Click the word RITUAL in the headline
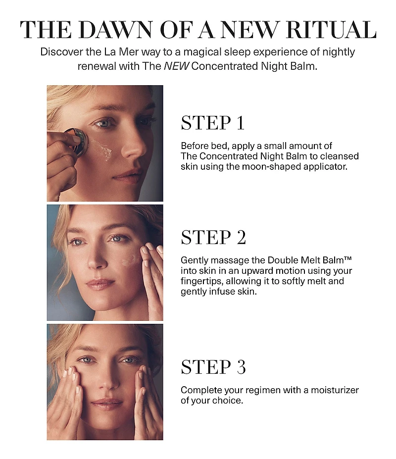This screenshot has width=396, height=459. pyautogui.click(x=331, y=30)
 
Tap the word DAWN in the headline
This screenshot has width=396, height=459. pyautogui.click(x=115, y=30)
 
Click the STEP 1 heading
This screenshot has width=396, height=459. pyautogui.click(x=213, y=123)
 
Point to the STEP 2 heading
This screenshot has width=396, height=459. pyautogui.click(x=213, y=237)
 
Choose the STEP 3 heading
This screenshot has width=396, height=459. pyautogui.click(x=213, y=367)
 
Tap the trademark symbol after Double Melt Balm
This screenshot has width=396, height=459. pyautogui.click(x=347, y=258)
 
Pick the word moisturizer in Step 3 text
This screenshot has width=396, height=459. pyautogui.click(x=335, y=390)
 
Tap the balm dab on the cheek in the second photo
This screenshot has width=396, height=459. pyautogui.click(x=131, y=259)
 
